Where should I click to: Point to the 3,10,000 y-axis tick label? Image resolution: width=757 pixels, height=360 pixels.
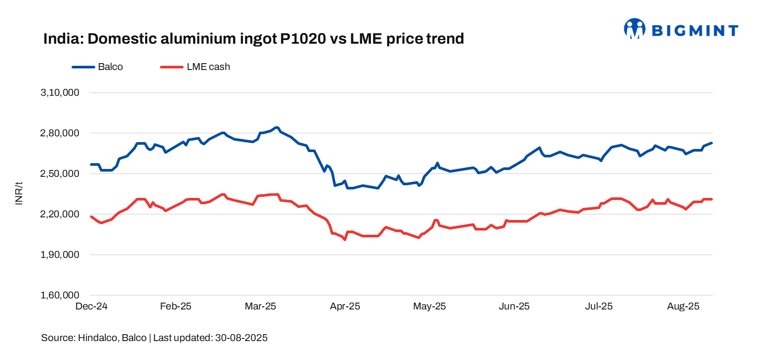[59, 93]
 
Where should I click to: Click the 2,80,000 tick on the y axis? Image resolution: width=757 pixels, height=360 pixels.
[59, 133]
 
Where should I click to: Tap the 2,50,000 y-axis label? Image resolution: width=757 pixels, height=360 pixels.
[59, 174]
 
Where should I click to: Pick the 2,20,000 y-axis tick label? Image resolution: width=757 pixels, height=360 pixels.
[59, 214]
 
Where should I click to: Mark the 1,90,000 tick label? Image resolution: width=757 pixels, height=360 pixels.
[59, 255]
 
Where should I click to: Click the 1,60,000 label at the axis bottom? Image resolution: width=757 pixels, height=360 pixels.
[59, 295]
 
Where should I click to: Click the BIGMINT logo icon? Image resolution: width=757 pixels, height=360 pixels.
[634, 29]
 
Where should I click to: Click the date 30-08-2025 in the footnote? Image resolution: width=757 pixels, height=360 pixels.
[241, 338]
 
